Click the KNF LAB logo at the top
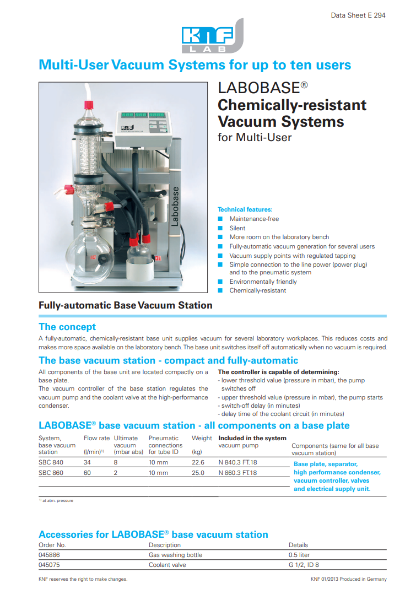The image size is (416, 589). coord(213,37)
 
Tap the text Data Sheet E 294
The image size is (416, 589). coord(358,15)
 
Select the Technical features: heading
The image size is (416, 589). coord(245,209)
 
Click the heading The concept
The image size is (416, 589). coord(67,327)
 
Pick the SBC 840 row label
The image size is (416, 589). coord(51,463)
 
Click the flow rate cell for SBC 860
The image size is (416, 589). coord(87,473)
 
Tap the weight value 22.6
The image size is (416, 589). coord(198,463)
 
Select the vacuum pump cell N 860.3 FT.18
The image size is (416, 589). coord(239,473)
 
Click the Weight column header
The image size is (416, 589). coord(202,438)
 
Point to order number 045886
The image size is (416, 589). coord(49,555)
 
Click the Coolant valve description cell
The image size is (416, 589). coord(168,564)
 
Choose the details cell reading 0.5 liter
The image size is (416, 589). coord(299,555)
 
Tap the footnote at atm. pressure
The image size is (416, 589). coord(57,500)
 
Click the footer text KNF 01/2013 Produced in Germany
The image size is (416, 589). coord(348,579)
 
